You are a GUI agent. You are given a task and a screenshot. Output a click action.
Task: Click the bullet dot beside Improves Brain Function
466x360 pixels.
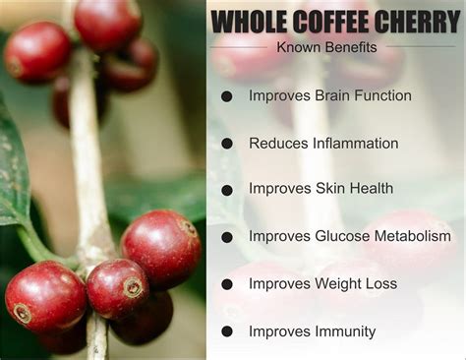227,96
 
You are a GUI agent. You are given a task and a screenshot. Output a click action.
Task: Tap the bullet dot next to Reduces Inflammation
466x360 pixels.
227,144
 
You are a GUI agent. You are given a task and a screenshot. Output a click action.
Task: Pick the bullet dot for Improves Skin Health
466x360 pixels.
227,189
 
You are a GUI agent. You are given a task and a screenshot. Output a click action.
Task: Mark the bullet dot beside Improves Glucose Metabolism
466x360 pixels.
227,236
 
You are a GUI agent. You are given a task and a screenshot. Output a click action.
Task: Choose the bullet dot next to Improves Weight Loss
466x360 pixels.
227,284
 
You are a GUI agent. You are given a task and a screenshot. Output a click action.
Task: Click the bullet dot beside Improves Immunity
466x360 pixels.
227,331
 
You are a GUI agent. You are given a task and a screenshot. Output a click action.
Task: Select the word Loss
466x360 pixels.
380,284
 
